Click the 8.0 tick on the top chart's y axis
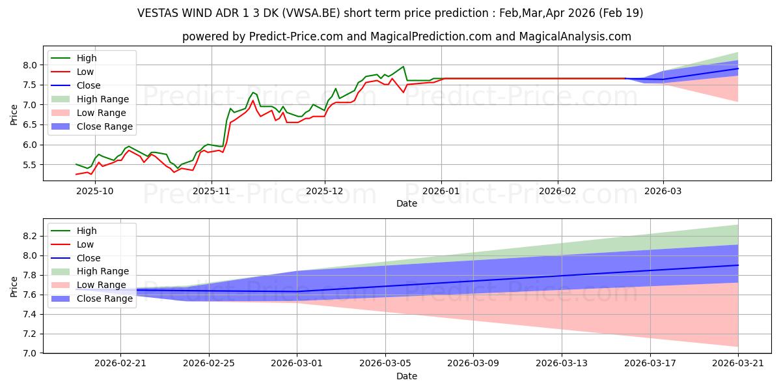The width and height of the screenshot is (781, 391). coord(30,65)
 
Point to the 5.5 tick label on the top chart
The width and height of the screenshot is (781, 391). coord(30,165)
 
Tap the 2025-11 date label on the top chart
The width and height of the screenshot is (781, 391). coord(212,192)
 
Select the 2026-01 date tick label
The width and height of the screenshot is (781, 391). coord(441,192)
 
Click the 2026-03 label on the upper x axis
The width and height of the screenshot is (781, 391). coord(663,192)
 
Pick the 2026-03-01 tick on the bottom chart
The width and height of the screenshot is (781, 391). coord(297,364)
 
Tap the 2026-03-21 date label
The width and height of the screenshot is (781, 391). coord(738,364)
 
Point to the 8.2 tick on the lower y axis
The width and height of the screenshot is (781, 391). coord(30,237)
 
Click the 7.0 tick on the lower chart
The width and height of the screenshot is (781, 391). coord(30,354)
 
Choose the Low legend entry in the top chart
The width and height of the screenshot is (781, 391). coord(85,72)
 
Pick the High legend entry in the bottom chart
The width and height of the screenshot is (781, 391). coord(87,231)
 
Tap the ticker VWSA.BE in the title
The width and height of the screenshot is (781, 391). coord(310,13)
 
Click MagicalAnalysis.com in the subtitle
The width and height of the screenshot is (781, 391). coord(575,36)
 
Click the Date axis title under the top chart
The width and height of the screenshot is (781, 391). coord(407,203)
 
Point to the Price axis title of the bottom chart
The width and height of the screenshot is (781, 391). coord(14,287)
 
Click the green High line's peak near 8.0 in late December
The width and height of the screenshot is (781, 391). coord(403,66)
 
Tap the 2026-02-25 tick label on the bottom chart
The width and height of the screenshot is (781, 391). coord(208,364)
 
